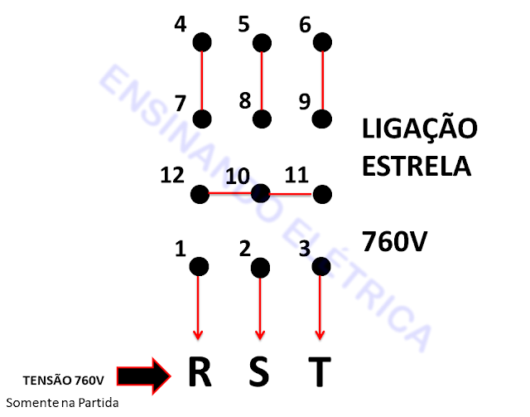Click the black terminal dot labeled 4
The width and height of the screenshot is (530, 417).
pyautogui.click(x=201, y=41)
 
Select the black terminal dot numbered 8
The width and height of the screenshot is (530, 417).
pyautogui.click(x=261, y=119)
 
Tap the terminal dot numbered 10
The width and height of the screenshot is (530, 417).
pyautogui.click(x=261, y=194)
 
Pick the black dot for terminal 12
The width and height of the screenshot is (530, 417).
pyautogui.click(x=200, y=194)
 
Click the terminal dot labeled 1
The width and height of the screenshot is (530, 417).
pyautogui.click(x=199, y=266)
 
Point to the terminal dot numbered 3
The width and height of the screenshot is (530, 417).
pyautogui.click(x=321, y=266)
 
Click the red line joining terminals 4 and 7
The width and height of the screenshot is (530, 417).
pyautogui.click(x=201, y=80)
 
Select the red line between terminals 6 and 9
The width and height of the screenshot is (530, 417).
pyautogui.click(x=322, y=80)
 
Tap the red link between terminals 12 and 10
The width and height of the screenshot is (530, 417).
pyautogui.click(x=230, y=194)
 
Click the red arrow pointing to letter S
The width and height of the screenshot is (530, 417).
pyautogui.click(x=260, y=307)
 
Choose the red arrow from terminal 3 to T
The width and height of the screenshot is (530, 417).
pyautogui.click(x=320, y=307)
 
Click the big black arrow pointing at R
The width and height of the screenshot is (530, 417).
pyautogui.click(x=142, y=376)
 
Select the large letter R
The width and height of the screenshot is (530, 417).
pyautogui.click(x=199, y=373)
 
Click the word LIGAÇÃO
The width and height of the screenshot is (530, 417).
pyautogui.click(x=420, y=128)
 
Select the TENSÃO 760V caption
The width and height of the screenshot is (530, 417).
pyautogui.click(x=63, y=381)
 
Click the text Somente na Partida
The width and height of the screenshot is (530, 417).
pyautogui.click(x=62, y=403)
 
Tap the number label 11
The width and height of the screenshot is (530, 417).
pyautogui.click(x=296, y=175)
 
